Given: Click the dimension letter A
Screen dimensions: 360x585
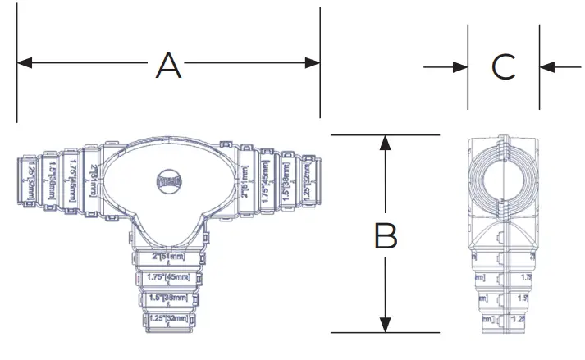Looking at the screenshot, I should [x=168, y=64].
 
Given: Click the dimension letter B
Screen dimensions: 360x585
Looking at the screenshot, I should [x=386, y=236].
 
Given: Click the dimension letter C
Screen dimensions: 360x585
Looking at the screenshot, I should [x=504, y=67].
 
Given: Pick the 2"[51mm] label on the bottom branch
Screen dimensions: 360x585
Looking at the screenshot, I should [x=168, y=257].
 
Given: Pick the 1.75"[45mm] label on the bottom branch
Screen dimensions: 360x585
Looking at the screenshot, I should [x=168, y=278].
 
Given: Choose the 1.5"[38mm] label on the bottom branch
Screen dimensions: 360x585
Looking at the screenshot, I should [x=168, y=298].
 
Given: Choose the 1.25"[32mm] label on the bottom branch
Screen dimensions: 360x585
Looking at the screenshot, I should [x=168, y=318].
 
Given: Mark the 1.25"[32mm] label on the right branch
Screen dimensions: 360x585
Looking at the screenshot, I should [x=306, y=177].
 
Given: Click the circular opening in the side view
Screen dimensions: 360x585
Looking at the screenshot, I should [x=503, y=181].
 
